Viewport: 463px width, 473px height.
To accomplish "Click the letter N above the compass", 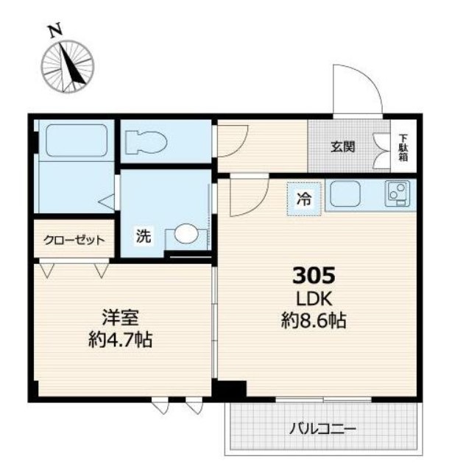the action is point(56,31).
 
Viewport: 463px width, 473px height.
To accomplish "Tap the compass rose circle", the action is point(68,66).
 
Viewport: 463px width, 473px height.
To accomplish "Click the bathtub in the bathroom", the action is point(77,141).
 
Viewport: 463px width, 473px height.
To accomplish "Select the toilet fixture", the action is point(146,141).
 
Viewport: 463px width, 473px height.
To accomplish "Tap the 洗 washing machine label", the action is point(144,235).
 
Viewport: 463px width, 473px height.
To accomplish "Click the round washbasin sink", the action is point(186,233).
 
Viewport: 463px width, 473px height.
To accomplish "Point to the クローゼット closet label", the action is point(74,240).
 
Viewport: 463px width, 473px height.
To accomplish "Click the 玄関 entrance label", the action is point(342,147).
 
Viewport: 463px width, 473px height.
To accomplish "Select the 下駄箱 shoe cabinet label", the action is point(403,148).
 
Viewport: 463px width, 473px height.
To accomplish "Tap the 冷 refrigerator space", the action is point(304,199).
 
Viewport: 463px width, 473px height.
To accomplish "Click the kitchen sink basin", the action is point(345,194).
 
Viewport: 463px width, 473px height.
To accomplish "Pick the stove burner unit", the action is point(397,193).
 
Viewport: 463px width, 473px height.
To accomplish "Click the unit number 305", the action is point(314,275).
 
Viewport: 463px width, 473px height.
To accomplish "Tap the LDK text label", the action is point(314,299).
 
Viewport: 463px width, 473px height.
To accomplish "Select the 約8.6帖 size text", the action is point(314,321).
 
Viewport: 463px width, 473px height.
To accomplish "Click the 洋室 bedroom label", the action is point(121,317).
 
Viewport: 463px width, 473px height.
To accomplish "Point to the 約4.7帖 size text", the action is point(121,340).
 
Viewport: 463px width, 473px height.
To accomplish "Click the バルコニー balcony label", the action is point(322,429).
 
